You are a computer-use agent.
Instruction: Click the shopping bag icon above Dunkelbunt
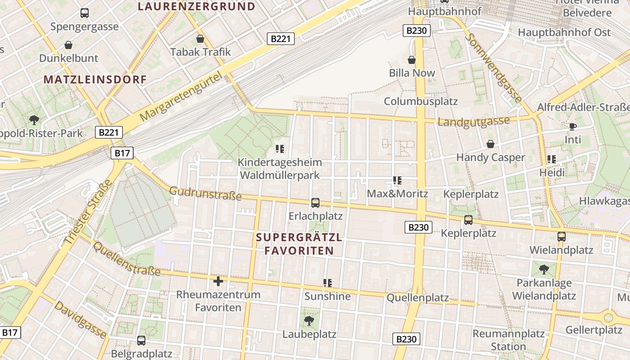click(x=68, y=45)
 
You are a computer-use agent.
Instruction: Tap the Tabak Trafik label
click(x=200, y=52)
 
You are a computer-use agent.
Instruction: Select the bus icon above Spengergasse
click(x=85, y=13)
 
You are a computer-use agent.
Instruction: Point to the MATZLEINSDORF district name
click(x=95, y=80)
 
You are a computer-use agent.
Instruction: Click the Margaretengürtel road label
click(x=181, y=97)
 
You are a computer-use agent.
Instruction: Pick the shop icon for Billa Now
click(x=411, y=60)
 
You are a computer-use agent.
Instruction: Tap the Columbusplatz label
click(x=420, y=101)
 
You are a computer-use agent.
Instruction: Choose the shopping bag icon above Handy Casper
click(x=490, y=144)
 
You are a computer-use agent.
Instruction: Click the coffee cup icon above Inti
click(x=572, y=126)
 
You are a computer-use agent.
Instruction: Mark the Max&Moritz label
click(x=397, y=194)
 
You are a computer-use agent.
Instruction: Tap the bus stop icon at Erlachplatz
click(x=315, y=203)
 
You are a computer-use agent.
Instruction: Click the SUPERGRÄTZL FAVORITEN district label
click(x=299, y=244)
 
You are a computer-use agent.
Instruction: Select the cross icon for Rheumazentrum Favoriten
click(x=218, y=282)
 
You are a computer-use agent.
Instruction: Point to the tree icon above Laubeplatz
click(x=309, y=320)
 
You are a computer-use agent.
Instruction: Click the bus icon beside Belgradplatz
click(x=141, y=341)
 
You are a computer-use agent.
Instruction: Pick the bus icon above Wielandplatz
click(x=561, y=237)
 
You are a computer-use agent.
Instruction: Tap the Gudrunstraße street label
click(x=205, y=194)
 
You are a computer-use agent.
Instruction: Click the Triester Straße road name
click(x=89, y=213)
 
